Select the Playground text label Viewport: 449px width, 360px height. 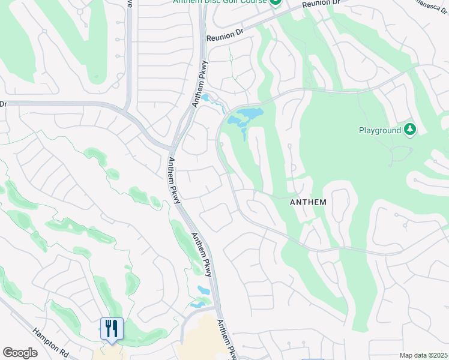click(x=379, y=130)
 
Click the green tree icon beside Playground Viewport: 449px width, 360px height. click(x=410, y=130)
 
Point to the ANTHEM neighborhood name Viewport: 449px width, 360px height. click(x=308, y=202)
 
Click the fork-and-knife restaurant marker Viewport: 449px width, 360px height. click(x=112, y=328)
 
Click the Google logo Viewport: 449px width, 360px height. click(x=20, y=353)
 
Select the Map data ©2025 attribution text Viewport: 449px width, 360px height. click(x=423, y=355)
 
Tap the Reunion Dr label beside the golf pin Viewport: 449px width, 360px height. click(x=322, y=4)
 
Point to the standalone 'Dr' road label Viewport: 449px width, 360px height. click(x=3, y=104)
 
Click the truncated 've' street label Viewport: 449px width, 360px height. click(x=130, y=2)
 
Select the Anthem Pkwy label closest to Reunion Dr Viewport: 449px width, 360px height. click(x=200, y=84)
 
